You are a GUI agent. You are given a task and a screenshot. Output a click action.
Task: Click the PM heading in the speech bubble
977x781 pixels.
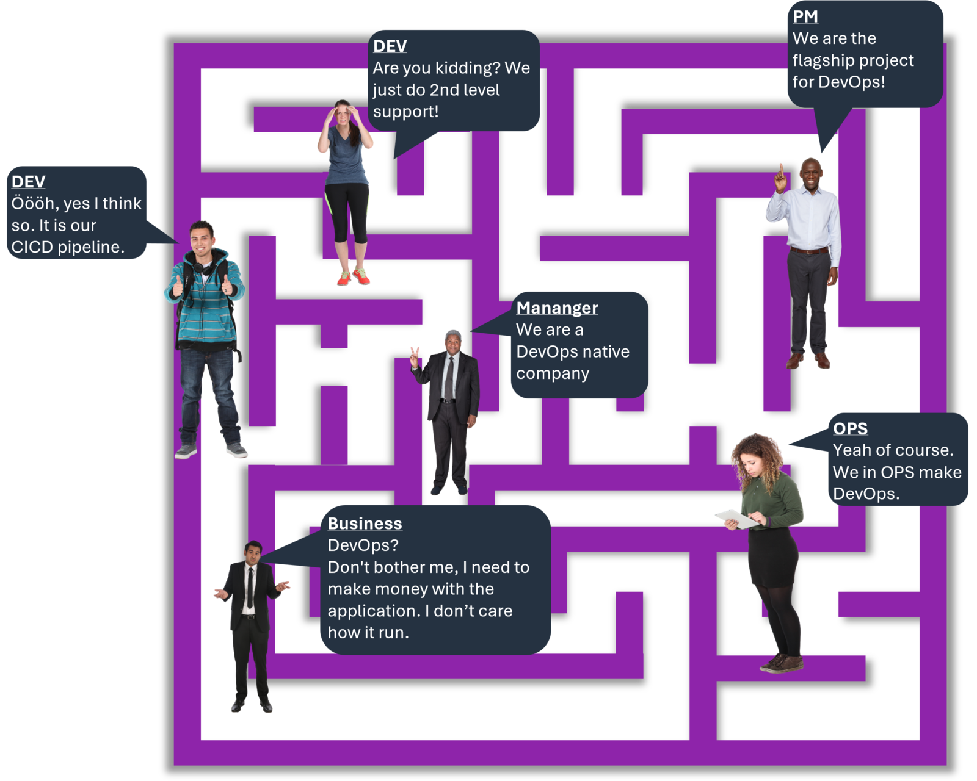(805, 16)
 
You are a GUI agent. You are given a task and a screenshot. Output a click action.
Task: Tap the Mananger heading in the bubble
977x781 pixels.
(557, 308)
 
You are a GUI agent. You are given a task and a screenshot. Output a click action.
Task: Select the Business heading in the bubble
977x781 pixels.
(365, 524)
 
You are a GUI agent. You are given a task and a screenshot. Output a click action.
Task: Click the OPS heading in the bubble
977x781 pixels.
(850, 428)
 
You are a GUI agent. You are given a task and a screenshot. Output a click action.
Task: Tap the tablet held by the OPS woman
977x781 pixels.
(736, 518)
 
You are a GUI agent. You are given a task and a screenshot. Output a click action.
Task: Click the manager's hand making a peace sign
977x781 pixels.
(415, 356)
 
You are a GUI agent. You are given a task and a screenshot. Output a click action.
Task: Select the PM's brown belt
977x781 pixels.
(810, 251)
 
